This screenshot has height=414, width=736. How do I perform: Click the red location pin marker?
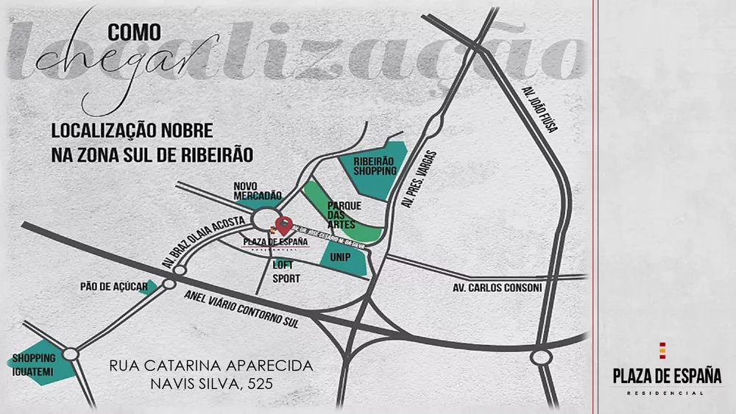[x=281, y=224]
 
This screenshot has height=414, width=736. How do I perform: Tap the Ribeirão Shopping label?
[x=375, y=165]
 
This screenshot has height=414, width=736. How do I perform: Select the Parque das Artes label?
[x=342, y=215]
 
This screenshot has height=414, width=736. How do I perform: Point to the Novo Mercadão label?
[x=258, y=191]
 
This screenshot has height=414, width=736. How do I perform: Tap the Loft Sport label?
[x=286, y=271]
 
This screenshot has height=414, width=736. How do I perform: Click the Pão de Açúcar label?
[x=114, y=286]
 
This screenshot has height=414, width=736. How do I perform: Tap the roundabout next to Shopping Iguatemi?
[x=71, y=354]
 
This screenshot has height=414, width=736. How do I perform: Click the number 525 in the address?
[x=262, y=383]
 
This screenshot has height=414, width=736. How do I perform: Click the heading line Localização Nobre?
[x=132, y=131]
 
